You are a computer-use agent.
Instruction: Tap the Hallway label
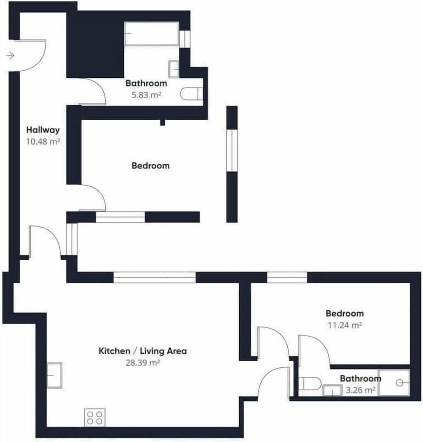pyautogui.click(x=43, y=130)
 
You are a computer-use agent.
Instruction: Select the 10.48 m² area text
pyautogui.click(x=43, y=142)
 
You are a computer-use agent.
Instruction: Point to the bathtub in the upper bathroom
pyautogui.click(x=151, y=34)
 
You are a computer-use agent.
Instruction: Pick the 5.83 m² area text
pyautogui.click(x=146, y=94)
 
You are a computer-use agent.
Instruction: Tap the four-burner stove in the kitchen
pyautogui.click(x=95, y=417)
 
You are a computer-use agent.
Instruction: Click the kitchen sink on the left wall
pyautogui.click(x=54, y=375)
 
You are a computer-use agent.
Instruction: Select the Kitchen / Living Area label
pyautogui.click(x=142, y=351)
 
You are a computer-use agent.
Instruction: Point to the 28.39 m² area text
pyautogui.click(x=142, y=363)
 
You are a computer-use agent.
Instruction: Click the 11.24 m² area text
pyautogui.click(x=345, y=325)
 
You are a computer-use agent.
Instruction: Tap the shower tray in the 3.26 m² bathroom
pyautogui.click(x=394, y=382)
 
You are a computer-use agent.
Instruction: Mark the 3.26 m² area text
pyautogui.click(x=360, y=390)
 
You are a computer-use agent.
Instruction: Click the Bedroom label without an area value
pyautogui.click(x=150, y=166)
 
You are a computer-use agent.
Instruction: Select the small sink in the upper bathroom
pyautogui.click(x=174, y=69)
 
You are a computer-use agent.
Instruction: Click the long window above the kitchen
pyautogui.click(x=154, y=277)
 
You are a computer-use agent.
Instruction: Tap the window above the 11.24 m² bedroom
pyautogui.click(x=287, y=277)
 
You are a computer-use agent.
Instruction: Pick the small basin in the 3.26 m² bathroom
pyautogui.click(x=332, y=390)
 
